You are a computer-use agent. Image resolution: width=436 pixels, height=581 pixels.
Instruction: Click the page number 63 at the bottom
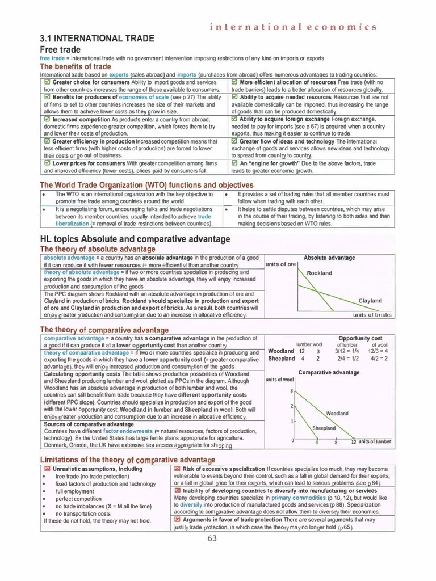213,538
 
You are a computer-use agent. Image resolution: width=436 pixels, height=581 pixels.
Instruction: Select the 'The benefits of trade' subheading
75,66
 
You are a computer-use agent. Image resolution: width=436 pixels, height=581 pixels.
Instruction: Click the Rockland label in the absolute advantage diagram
319,273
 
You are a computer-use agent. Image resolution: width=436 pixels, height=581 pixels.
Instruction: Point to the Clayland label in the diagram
370,301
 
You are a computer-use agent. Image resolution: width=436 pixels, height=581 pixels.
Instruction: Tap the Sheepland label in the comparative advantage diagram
324,428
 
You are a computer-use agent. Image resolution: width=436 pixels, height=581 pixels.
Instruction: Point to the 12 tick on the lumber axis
353,441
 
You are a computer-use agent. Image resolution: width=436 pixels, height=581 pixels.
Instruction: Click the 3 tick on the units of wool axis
291,391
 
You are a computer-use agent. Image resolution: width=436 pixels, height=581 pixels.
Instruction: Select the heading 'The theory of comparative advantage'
104,330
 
